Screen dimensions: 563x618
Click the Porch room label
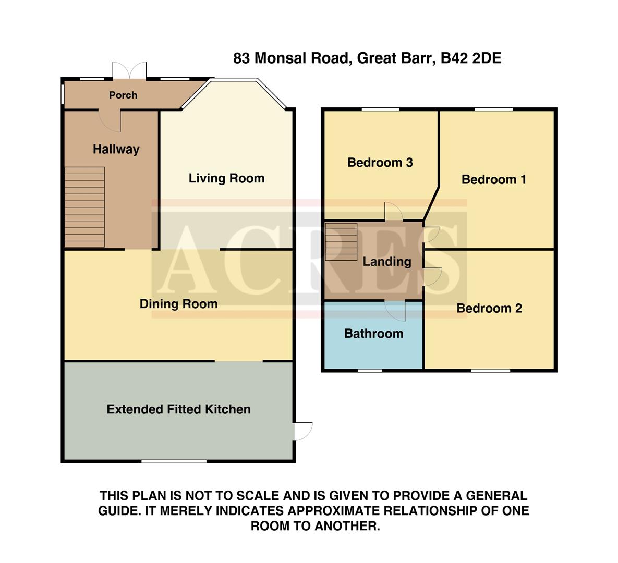point(123,95)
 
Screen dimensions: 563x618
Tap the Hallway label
point(116,149)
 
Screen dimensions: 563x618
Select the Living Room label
point(226,178)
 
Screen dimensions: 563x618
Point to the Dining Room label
point(178,304)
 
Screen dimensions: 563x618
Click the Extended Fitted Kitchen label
point(178,409)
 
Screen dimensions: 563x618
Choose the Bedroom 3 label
point(380,163)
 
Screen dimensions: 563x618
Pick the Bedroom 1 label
point(493,180)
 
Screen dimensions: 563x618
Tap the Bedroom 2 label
point(489,308)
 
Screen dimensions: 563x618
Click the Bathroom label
point(373,334)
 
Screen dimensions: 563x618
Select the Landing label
point(386,262)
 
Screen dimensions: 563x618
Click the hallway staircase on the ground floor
point(84,207)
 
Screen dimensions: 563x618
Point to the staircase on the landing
point(341,241)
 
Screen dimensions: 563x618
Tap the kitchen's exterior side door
point(302,431)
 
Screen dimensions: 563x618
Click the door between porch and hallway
point(110,120)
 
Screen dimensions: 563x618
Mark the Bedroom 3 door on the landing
point(393,211)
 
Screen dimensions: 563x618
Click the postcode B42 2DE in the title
point(471,58)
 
